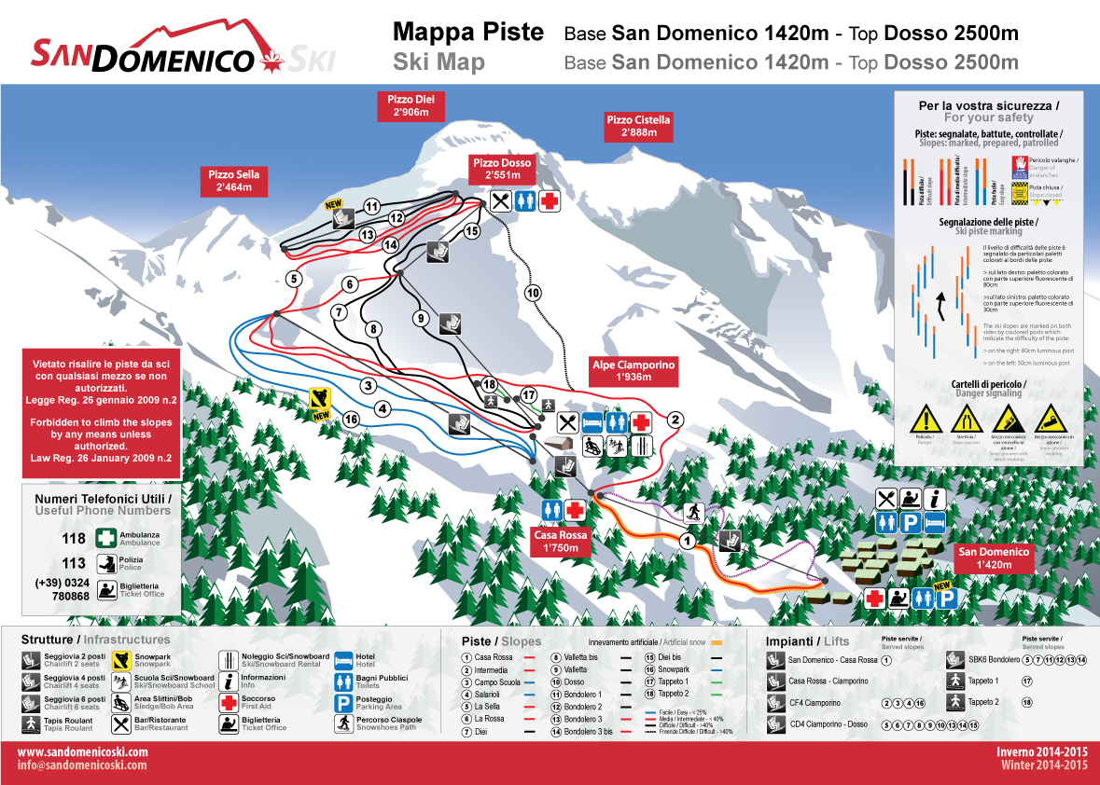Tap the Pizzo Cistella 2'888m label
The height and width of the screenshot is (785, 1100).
638,126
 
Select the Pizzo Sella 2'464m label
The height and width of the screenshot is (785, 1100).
233,181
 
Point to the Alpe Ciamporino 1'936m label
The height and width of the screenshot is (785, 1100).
634,372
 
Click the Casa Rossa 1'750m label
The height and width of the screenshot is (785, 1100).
561,542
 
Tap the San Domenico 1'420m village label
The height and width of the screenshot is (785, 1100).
995,558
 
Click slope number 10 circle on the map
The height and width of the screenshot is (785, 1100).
533,292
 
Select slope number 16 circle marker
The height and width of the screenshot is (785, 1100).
351,419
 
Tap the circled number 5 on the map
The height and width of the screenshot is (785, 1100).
294,278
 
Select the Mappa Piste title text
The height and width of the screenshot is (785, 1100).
468,33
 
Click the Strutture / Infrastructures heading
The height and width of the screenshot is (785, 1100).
96,640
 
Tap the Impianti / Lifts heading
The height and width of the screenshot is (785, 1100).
808,641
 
